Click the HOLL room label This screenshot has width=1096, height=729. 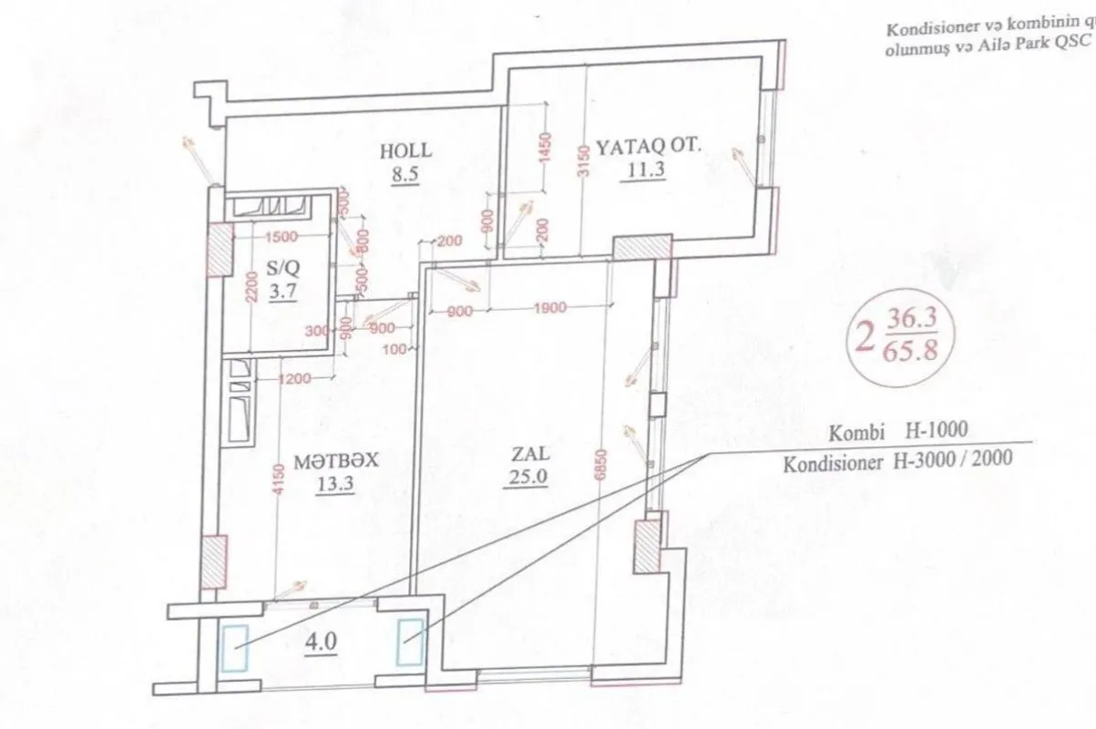pos(405,151)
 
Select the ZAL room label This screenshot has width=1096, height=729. pos(527,452)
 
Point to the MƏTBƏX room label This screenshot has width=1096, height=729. pos(335,462)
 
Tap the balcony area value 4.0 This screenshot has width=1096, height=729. pos(323,640)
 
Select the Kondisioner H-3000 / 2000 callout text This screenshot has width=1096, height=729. pos(896,460)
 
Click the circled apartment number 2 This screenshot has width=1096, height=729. pos(860,336)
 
